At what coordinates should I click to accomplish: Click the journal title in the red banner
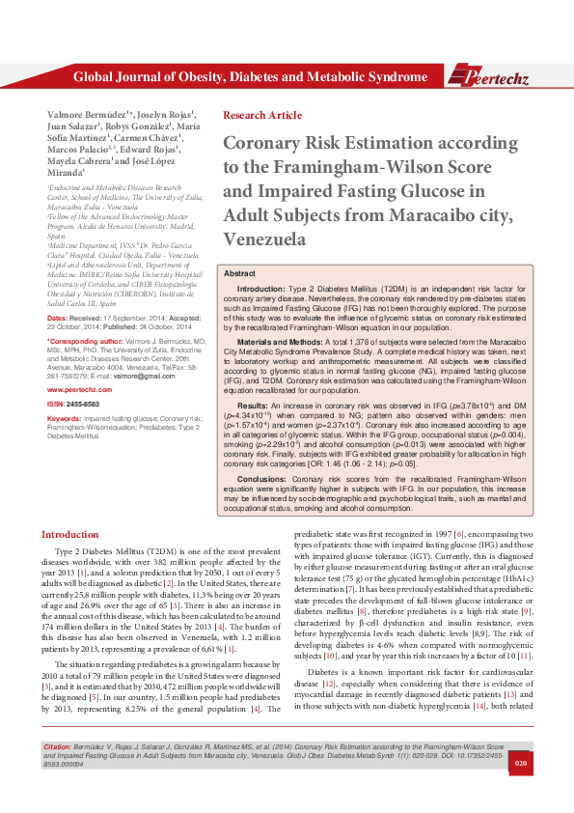tap(250, 77)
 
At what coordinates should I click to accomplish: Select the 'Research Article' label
tap(261, 115)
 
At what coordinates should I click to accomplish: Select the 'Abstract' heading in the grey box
tap(240, 274)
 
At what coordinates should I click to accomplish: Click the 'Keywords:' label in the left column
tap(65, 419)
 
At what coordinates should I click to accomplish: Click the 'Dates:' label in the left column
tap(58, 318)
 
